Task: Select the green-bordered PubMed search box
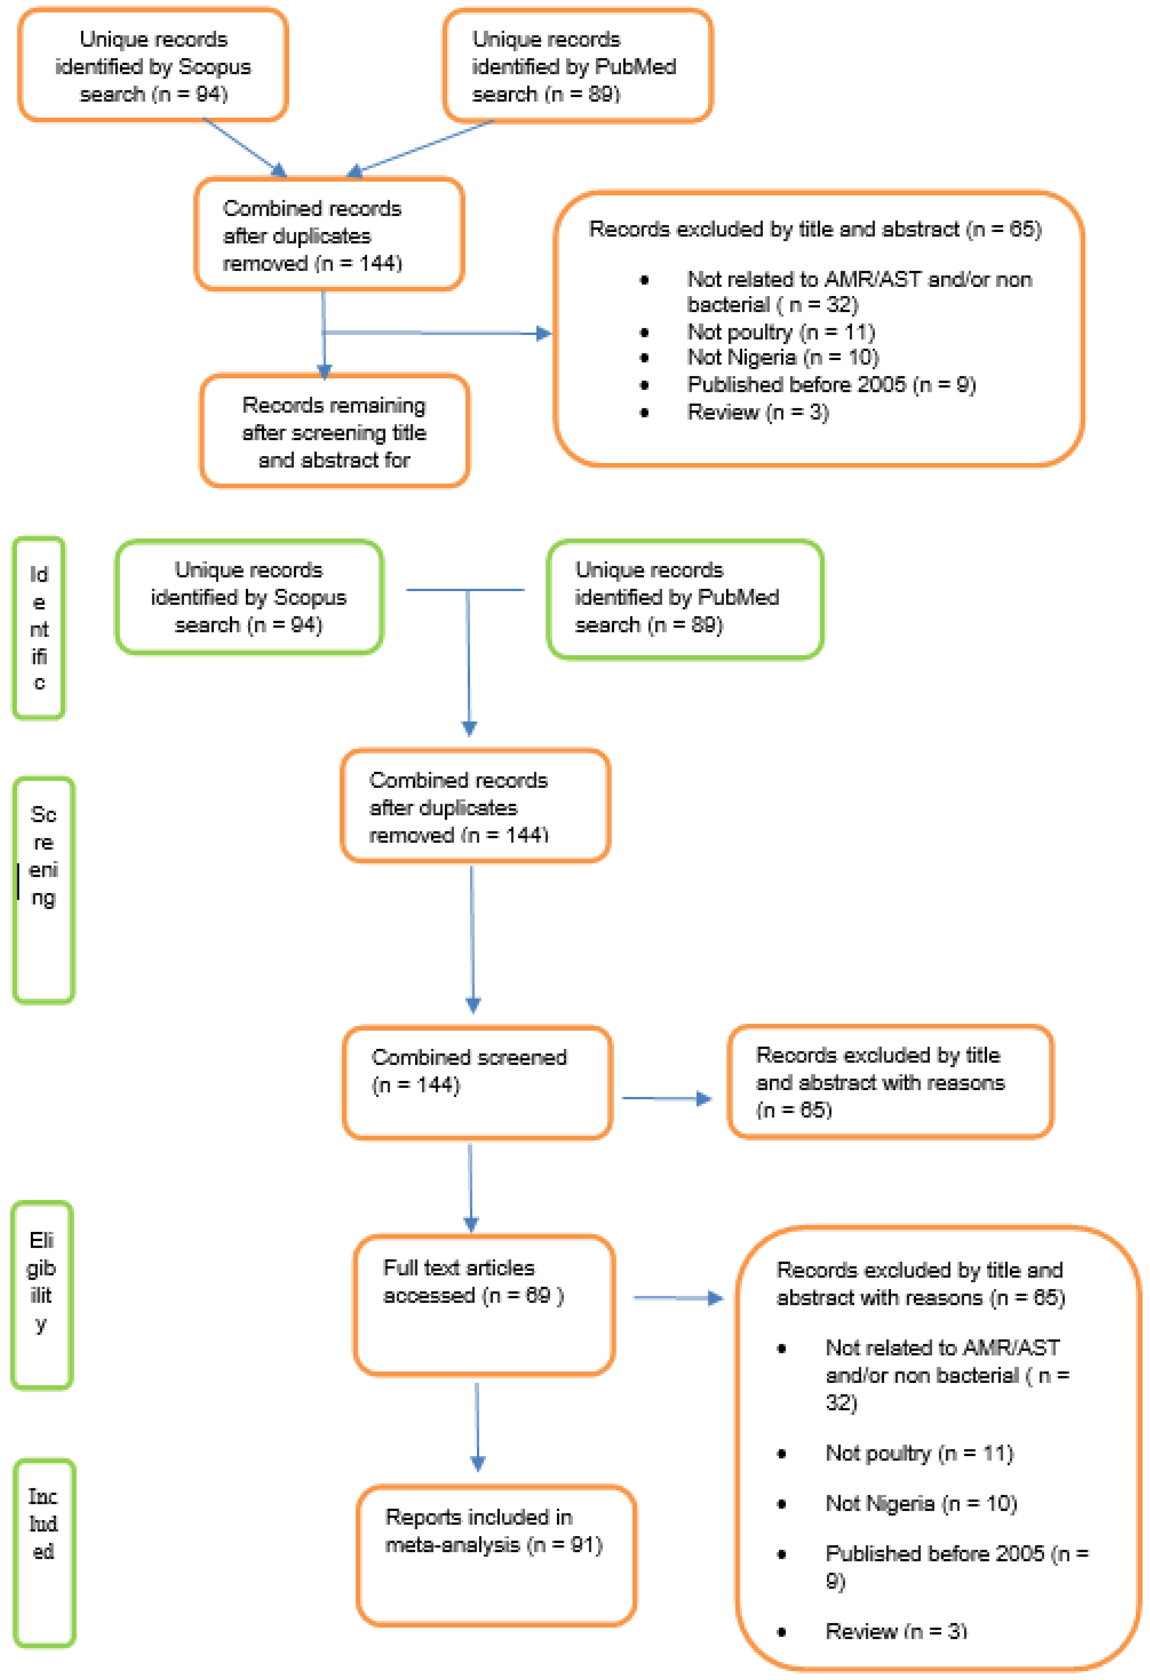[x=684, y=599]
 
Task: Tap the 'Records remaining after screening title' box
[x=334, y=431]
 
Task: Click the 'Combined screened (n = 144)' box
[x=477, y=1082]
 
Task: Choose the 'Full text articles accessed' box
[x=483, y=1305]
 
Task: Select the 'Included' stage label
[x=43, y=1552]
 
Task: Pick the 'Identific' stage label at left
[x=39, y=628]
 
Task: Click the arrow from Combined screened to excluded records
[x=667, y=1099]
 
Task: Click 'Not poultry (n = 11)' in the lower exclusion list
[x=919, y=1453]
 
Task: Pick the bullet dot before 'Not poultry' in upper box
[x=644, y=333]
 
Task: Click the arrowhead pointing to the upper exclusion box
[x=544, y=333]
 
